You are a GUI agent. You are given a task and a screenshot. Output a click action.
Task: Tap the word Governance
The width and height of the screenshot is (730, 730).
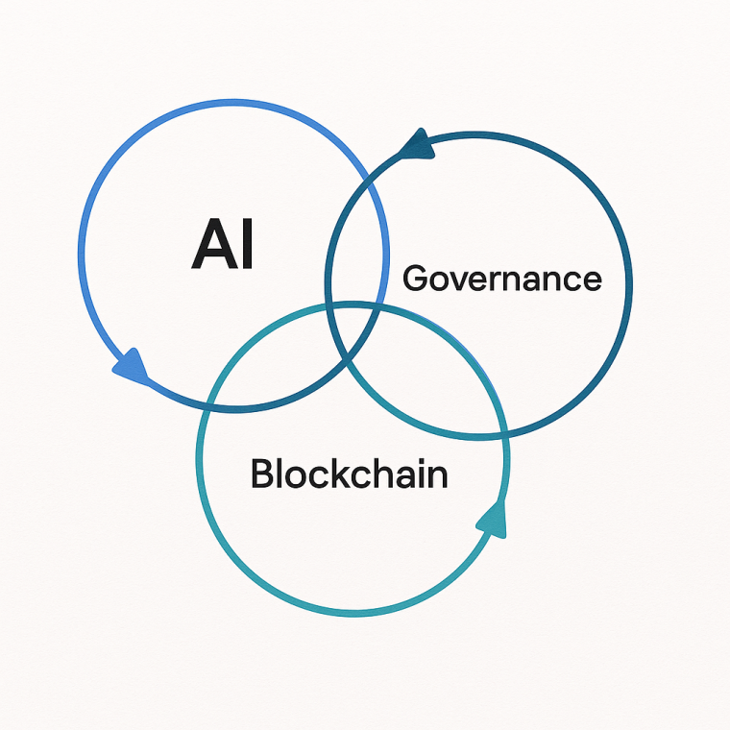coord(501,279)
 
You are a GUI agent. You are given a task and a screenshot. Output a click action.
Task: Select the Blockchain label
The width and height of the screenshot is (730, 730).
coord(349,474)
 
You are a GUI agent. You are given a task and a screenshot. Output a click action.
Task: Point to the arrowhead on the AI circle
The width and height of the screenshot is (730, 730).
coord(132,365)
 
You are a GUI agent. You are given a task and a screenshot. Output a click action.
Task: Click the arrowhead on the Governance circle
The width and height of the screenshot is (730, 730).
coord(417,146)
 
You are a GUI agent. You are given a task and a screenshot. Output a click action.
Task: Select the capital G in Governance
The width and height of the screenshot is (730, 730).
coord(415,279)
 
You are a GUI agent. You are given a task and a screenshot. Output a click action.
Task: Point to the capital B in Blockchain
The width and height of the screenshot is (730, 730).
coord(262,474)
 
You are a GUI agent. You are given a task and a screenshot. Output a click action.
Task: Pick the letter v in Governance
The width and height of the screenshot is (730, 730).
coord(455,280)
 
